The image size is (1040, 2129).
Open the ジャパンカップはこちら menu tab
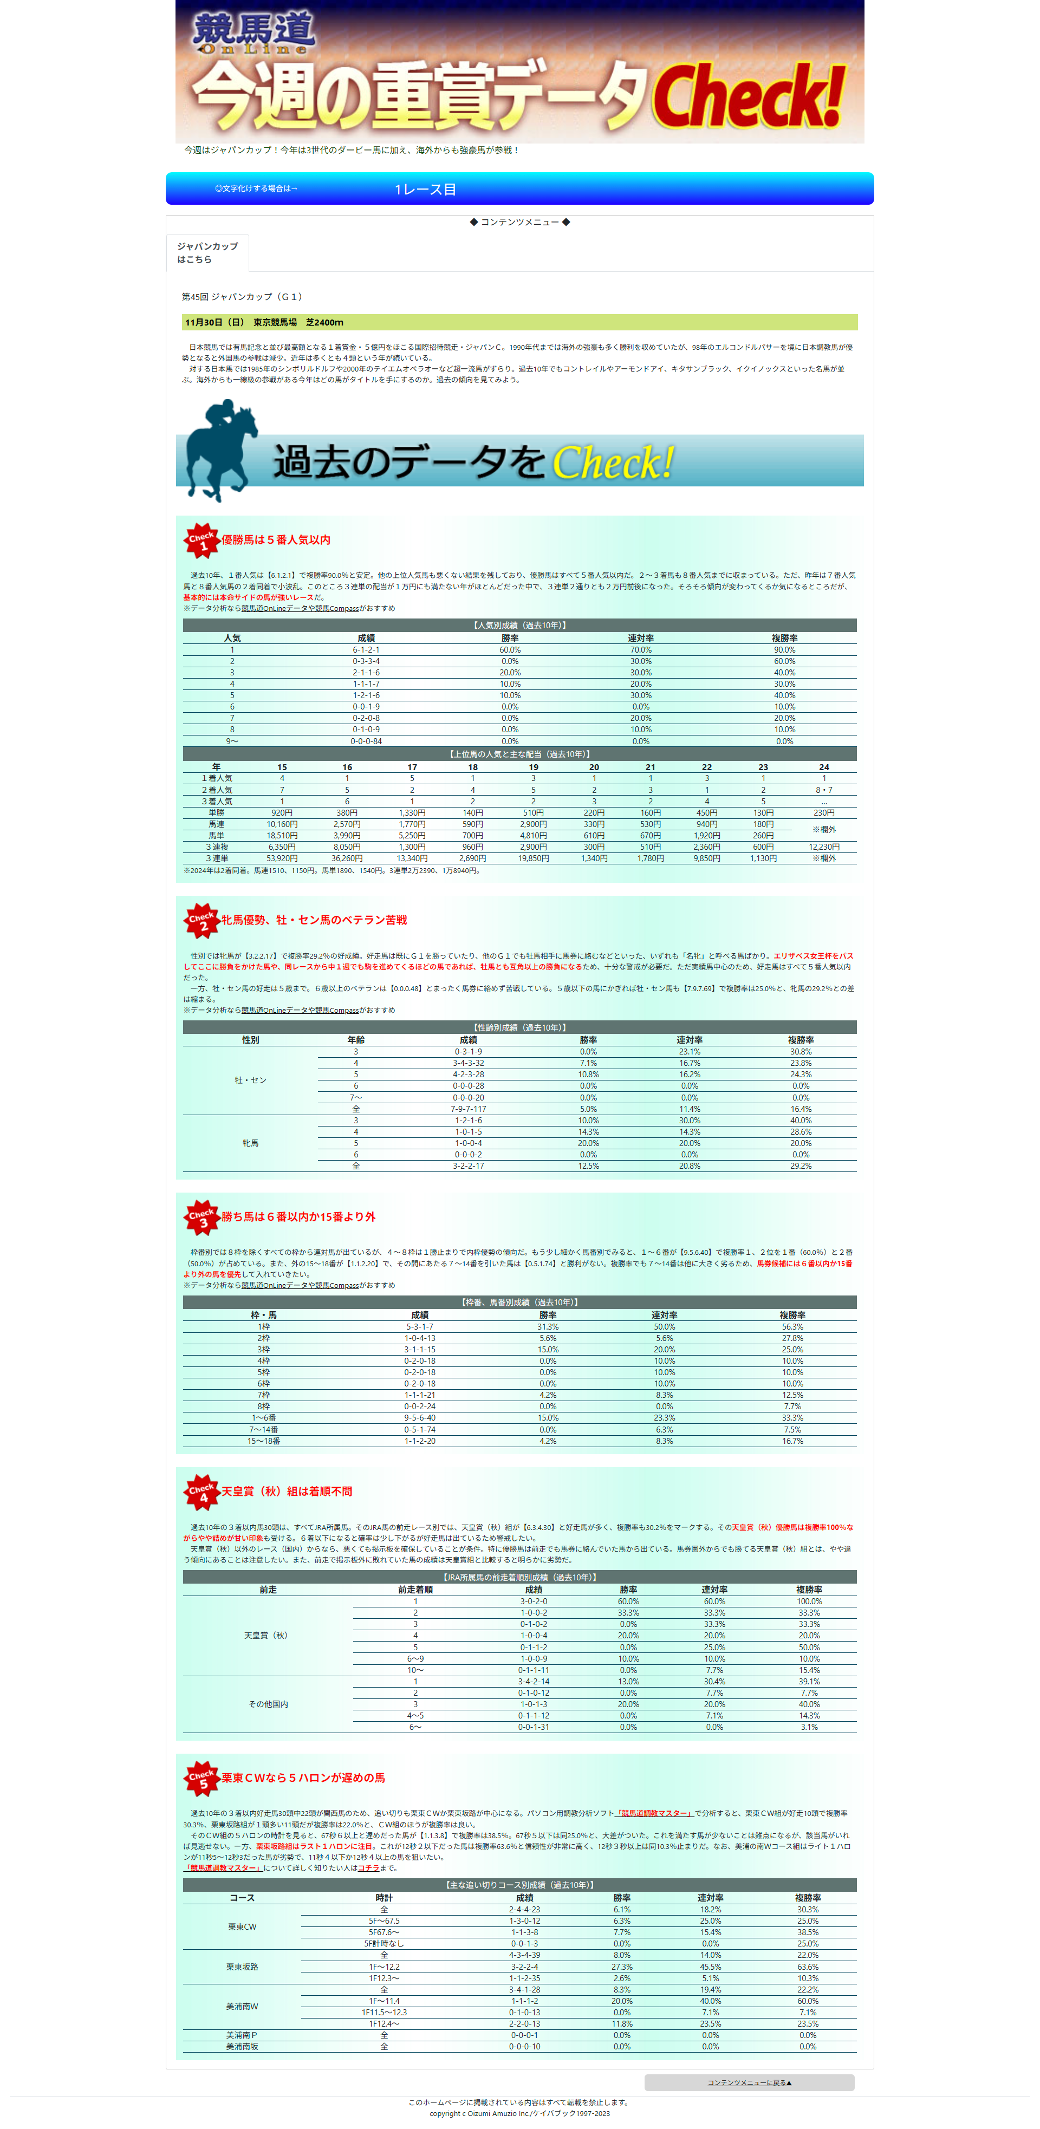[x=207, y=253]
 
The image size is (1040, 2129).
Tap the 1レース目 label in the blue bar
[x=425, y=189]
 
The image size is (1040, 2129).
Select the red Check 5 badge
[x=201, y=1779]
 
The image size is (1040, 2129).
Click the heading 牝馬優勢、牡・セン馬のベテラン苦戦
[x=314, y=920]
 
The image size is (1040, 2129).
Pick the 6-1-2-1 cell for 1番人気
[x=366, y=649]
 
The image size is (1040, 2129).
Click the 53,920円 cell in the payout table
[x=282, y=858]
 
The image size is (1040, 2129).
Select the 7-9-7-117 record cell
[x=468, y=1109]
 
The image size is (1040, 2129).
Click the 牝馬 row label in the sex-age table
[x=250, y=1143]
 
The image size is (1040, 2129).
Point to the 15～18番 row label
[x=264, y=1441]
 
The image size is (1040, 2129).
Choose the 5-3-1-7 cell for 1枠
[x=419, y=1326]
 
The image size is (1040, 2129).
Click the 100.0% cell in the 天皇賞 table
[x=809, y=1601]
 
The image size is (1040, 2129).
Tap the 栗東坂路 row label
[x=242, y=1967]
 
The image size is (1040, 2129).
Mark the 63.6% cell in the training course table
[x=808, y=1967]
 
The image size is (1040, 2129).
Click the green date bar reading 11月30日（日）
[x=519, y=322]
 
